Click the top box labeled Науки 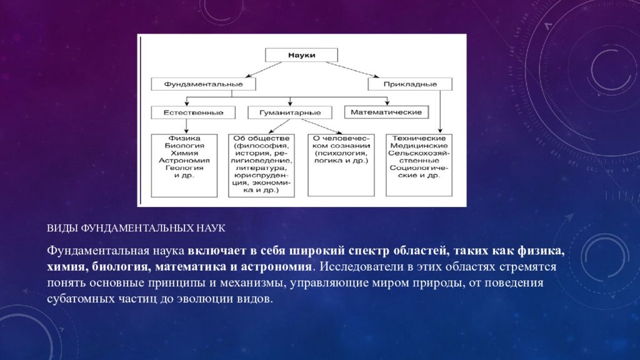301,55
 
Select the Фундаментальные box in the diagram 196,83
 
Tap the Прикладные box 410,83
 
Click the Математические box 386,112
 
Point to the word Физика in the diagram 184,137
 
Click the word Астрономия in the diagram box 184,160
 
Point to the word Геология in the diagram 184,167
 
